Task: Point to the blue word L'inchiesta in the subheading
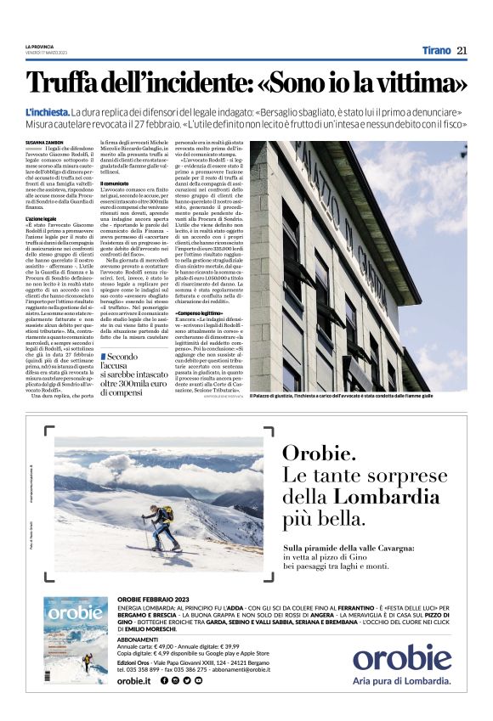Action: tap(47, 112)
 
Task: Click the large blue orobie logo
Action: tap(401, 658)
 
